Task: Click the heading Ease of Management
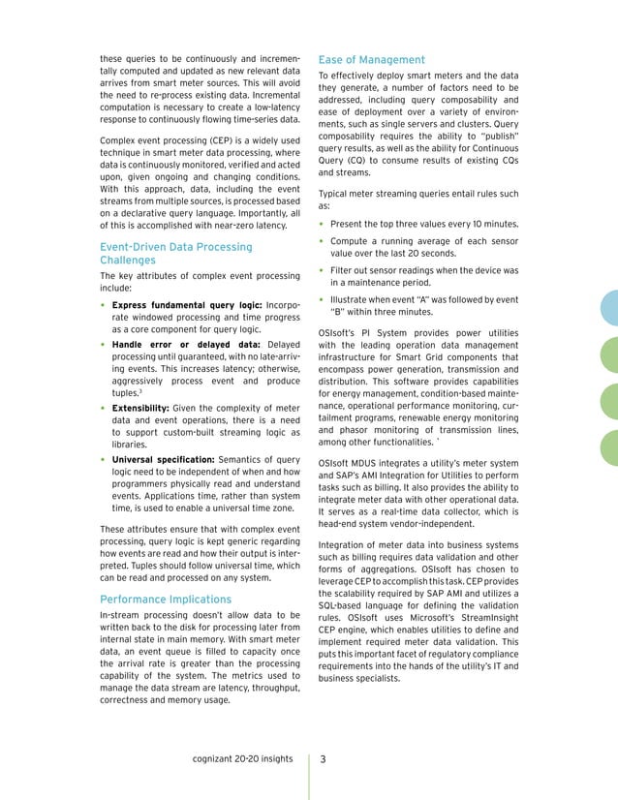coord(371,60)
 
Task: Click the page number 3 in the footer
coord(324,759)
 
